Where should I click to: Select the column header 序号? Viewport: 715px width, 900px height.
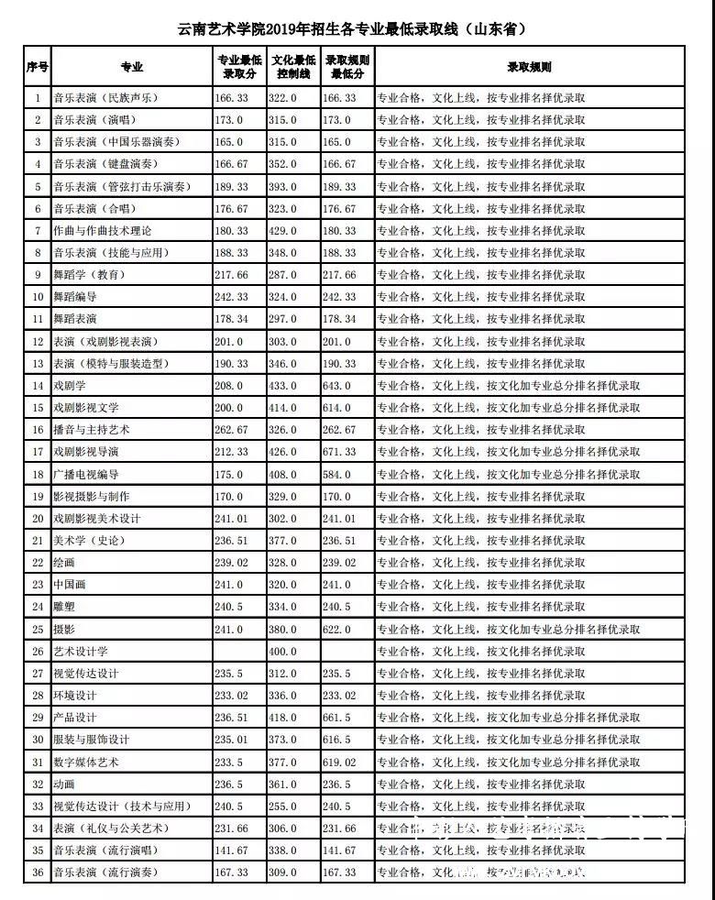pos(38,67)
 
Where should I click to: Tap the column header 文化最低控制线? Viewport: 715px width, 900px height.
pos(293,67)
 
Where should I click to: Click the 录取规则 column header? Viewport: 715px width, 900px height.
pos(530,67)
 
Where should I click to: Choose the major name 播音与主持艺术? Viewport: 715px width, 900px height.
pos(93,429)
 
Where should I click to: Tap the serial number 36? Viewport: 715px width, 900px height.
pos(38,873)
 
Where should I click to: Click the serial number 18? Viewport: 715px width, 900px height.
pos(38,475)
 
